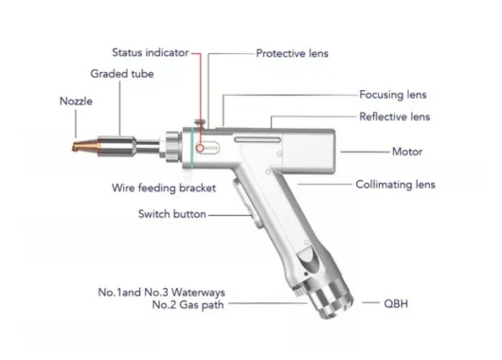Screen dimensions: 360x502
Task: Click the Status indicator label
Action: (150, 53)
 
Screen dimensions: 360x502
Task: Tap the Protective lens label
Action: (292, 54)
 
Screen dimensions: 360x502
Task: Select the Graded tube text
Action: (123, 74)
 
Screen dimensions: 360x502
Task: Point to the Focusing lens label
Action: (393, 95)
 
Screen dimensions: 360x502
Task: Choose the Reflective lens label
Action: (394, 117)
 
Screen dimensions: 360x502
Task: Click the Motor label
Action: (407, 151)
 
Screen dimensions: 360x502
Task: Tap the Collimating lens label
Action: (396, 185)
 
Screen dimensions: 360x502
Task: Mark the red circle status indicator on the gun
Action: (199, 148)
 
